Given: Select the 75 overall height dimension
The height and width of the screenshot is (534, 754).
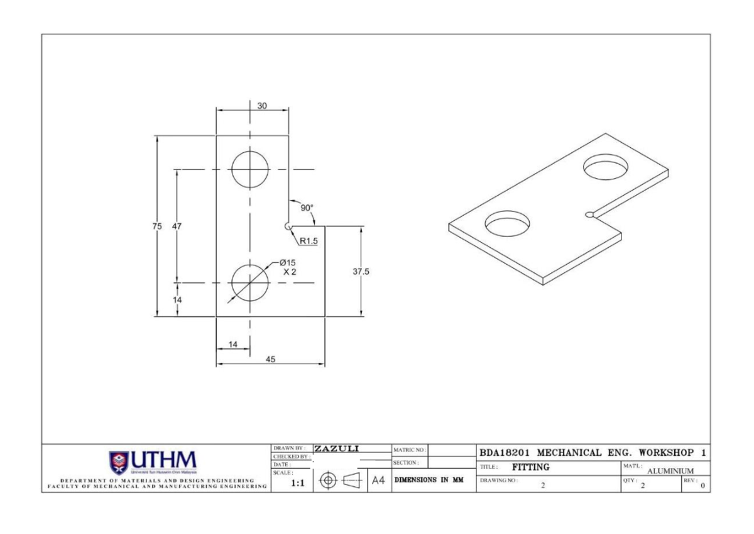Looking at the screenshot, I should pos(157,226).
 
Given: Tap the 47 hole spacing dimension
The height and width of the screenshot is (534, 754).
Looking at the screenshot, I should pos(177,226).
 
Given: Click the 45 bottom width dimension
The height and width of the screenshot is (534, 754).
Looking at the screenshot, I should pos(270,360).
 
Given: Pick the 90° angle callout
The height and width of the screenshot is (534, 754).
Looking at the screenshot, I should pos(307,208).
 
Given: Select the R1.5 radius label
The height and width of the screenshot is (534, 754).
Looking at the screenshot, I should pos(309,240).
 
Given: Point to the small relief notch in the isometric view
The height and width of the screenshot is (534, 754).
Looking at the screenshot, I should pos(589,215).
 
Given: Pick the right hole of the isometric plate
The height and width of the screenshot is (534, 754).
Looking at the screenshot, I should pos(605,167).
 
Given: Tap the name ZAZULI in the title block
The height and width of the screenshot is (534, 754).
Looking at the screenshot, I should pos(336,449).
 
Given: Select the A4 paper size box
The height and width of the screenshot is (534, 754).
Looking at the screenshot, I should pos(378,481).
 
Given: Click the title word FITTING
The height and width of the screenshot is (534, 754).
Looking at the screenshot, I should pos(531,467).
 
